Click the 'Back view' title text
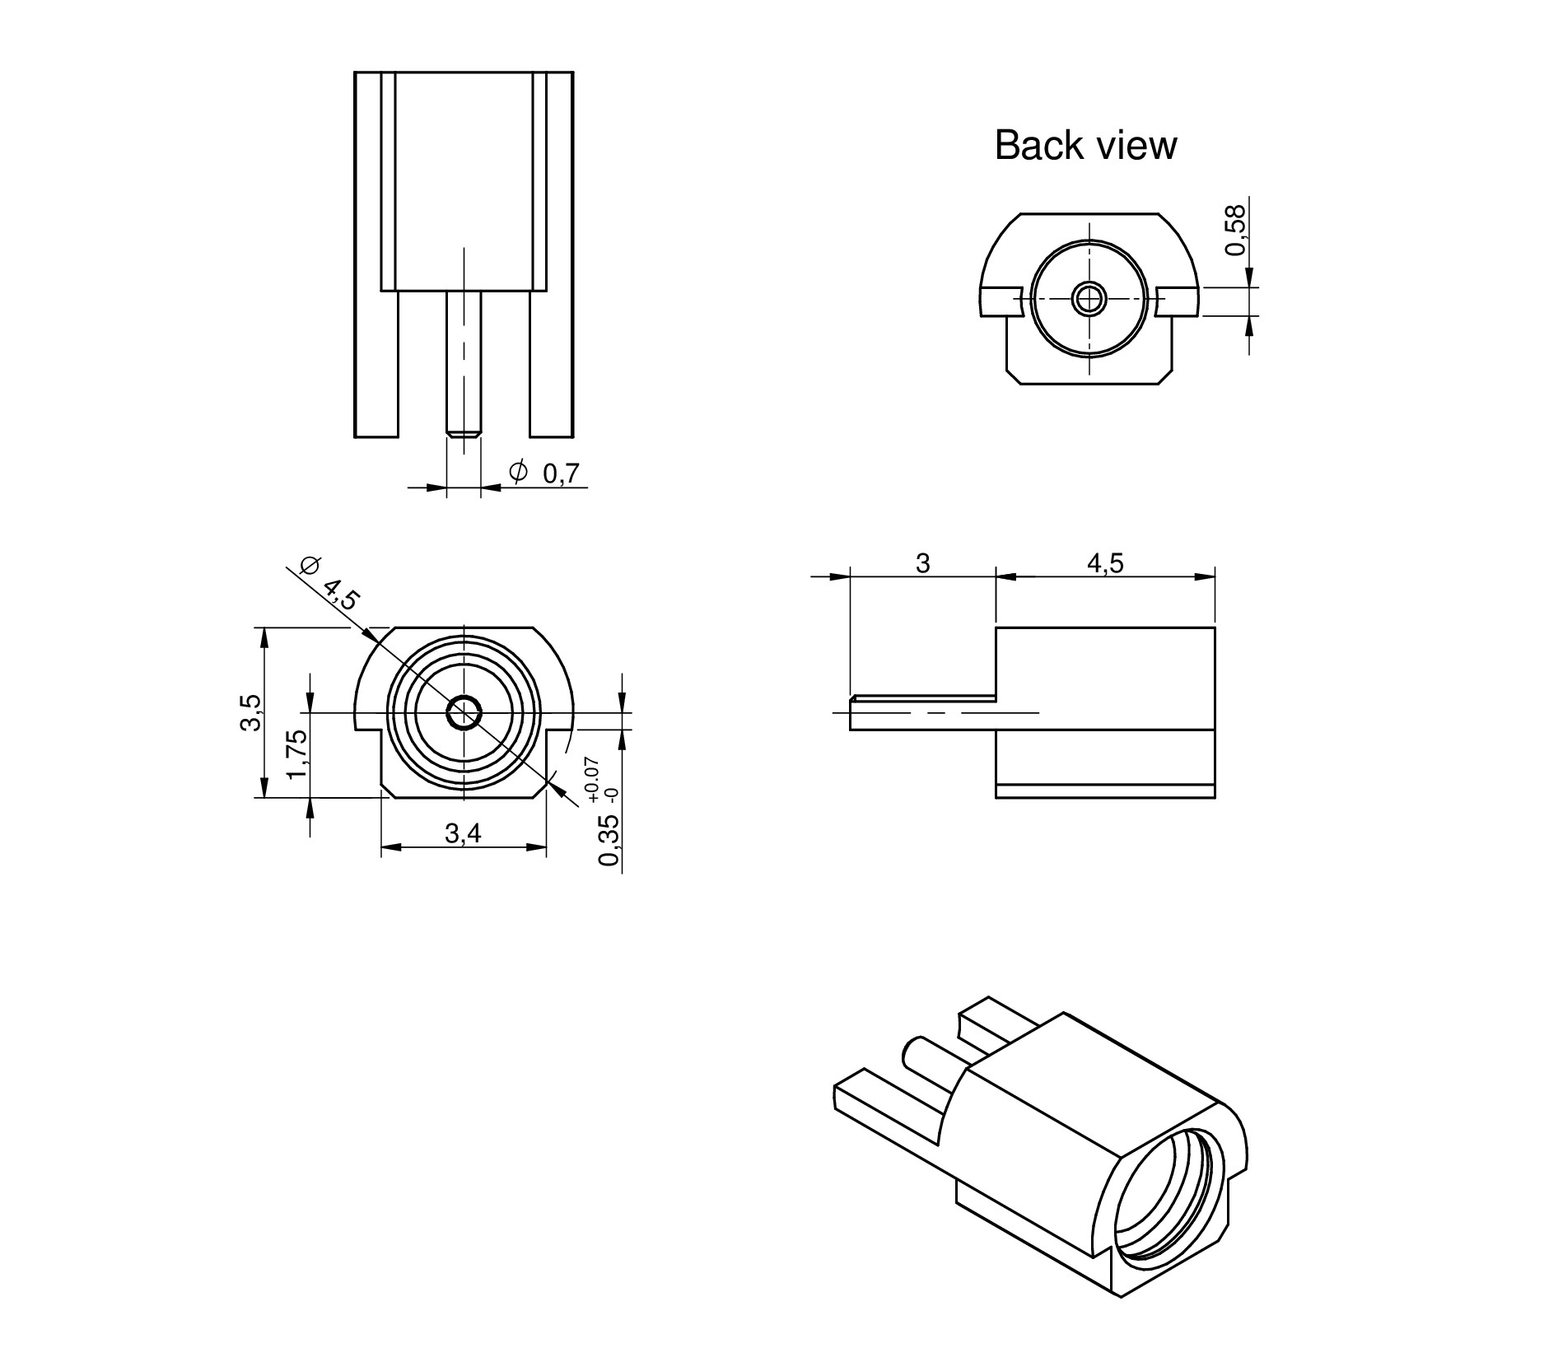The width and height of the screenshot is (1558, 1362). coord(1085,145)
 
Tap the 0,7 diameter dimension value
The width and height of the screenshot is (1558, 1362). coord(562,473)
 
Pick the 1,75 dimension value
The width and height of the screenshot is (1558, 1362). coord(297,753)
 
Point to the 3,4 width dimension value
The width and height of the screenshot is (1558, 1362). coord(463,833)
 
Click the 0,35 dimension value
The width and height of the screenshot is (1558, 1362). coord(609,841)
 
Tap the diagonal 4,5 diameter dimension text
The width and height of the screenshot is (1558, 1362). coord(340,593)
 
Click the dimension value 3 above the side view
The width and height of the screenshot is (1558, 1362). coord(922,563)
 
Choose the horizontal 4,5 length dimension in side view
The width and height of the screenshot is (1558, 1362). coord(1105,563)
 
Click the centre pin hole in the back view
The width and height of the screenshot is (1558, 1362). coord(1089,297)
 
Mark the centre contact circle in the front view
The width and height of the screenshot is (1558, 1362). coord(464,713)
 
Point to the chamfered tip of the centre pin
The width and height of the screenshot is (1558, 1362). coord(464,431)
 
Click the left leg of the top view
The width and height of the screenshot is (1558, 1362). coord(376,362)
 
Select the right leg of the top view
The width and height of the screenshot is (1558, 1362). coord(552,362)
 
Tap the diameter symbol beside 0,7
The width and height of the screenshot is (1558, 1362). coord(518,472)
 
